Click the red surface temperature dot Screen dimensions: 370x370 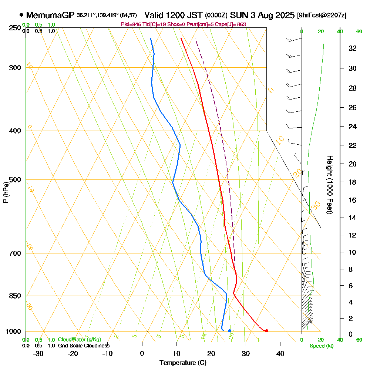pyautogui.click(x=266, y=331)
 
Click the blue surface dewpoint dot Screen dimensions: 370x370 pyautogui.click(x=230, y=331)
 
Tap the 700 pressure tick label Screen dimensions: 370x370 pyautogui.click(x=14, y=253)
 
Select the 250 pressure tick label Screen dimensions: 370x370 pyautogui.click(x=14, y=28)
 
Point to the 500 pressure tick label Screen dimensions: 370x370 pyautogui.click(x=14, y=180)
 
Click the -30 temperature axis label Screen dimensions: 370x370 pyautogui.click(x=38, y=353)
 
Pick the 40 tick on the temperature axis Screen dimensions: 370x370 pyautogui.click(x=280, y=353)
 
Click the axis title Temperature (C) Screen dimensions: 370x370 pyautogui.click(x=183, y=363)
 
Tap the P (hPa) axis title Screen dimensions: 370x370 pyautogui.click(x=6, y=192)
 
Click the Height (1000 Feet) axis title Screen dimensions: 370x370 pyautogui.click(x=329, y=185)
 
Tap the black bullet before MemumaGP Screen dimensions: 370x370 pyautogui.click(x=21, y=15)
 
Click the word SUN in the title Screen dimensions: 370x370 pyautogui.click(x=238, y=16)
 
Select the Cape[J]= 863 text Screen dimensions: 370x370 pyautogui.click(x=232, y=24)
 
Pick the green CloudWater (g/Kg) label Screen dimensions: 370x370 pyautogui.click(x=79, y=340)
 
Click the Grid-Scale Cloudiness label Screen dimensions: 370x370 pyautogui.click(x=83, y=346)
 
